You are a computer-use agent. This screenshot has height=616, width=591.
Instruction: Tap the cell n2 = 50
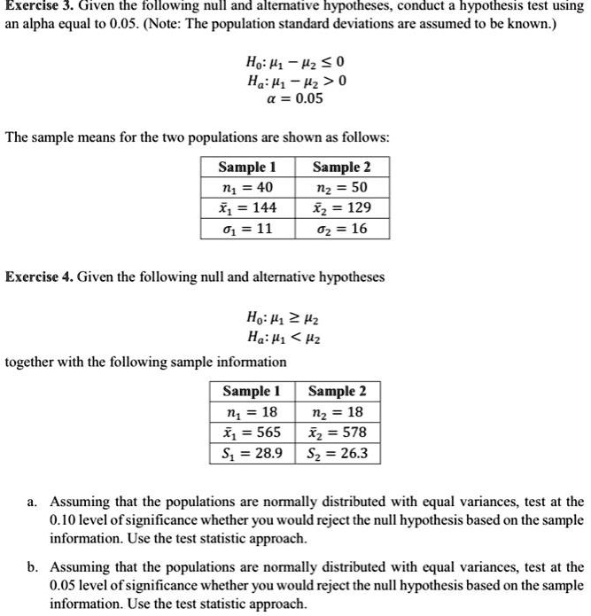tap(341, 187)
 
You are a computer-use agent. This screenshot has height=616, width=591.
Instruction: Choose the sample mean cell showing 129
tap(341, 207)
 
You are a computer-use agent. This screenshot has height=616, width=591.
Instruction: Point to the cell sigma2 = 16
tap(341, 229)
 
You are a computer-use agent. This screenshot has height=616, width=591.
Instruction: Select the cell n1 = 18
tap(252, 412)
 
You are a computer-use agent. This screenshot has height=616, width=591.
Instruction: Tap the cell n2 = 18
tap(338, 412)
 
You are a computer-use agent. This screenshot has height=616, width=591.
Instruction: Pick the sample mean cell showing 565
tap(252, 433)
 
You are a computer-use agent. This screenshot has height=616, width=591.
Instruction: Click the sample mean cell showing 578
tap(338, 433)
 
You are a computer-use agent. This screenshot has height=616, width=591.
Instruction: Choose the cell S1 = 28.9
tap(252, 454)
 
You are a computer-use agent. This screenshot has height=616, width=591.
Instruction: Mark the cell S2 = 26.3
tap(338, 454)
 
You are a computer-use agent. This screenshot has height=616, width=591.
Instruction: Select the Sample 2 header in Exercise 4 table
tap(338, 391)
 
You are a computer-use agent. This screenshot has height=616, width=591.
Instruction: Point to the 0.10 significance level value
tap(65, 519)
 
